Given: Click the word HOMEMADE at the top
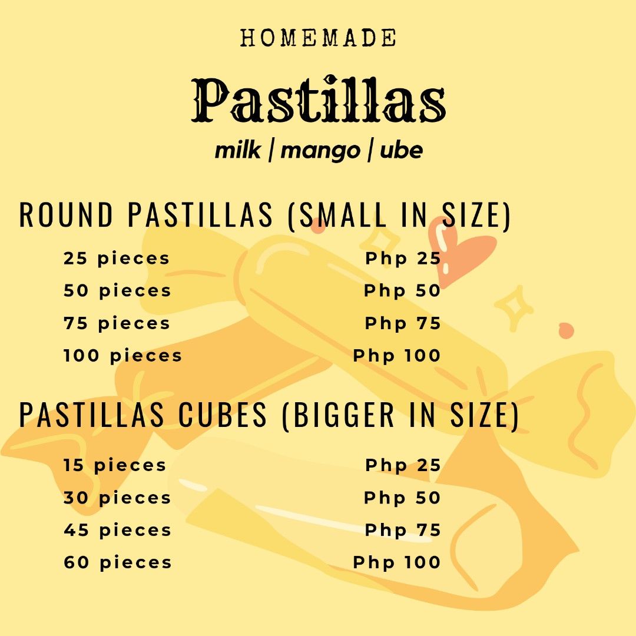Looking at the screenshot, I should [x=318, y=38].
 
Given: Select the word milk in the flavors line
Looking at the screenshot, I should [x=238, y=151].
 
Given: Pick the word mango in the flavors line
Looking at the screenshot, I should [x=320, y=151].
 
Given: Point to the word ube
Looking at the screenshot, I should [x=401, y=151].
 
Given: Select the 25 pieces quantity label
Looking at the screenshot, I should [x=117, y=259].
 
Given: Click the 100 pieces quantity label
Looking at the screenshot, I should [x=123, y=356].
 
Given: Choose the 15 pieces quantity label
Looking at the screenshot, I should [x=115, y=465].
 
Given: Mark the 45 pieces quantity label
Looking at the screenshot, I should [x=118, y=530].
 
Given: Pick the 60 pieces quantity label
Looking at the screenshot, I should [x=118, y=562].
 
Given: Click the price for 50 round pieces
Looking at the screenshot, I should [x=402, y=291].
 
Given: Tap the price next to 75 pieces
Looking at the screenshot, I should [x=403, y=323].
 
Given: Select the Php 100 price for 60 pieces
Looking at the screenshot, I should [x=396, y=562].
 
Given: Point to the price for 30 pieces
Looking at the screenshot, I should [x=402, y=498].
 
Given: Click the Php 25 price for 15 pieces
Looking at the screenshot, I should [x=403, y=465].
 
